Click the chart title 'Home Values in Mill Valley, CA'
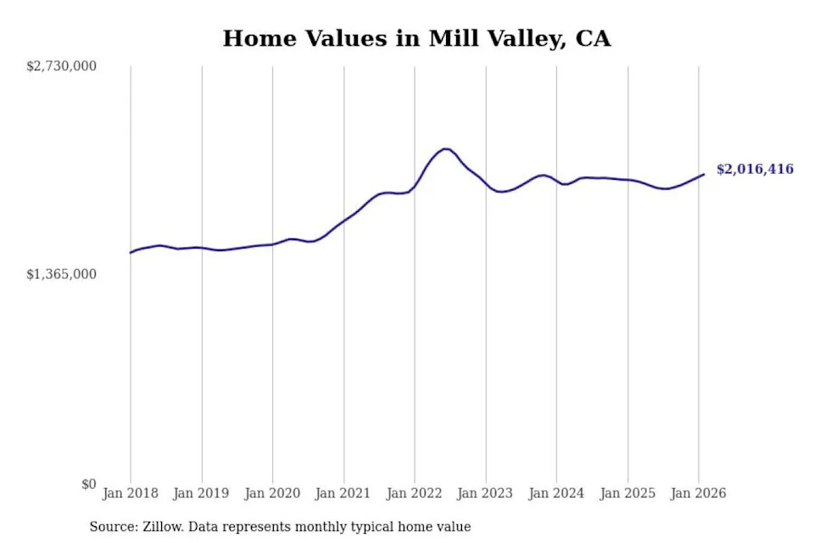[416, 38]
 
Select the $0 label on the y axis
[87, 484]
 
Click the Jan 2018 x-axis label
[131, 493]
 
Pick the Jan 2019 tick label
[202, 493]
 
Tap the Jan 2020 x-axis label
[272, 493]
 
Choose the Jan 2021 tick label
[343, 493]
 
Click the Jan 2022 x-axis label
[415, 493]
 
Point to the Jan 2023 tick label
[486, 493]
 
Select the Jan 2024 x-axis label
[556, 493]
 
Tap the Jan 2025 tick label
[627, 493]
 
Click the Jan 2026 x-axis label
[699, 493]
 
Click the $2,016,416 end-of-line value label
[755, 170]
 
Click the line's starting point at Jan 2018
[131, 253]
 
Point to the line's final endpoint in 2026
[704, 175]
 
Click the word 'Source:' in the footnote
[112, 527]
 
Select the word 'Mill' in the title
[452, 38]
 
